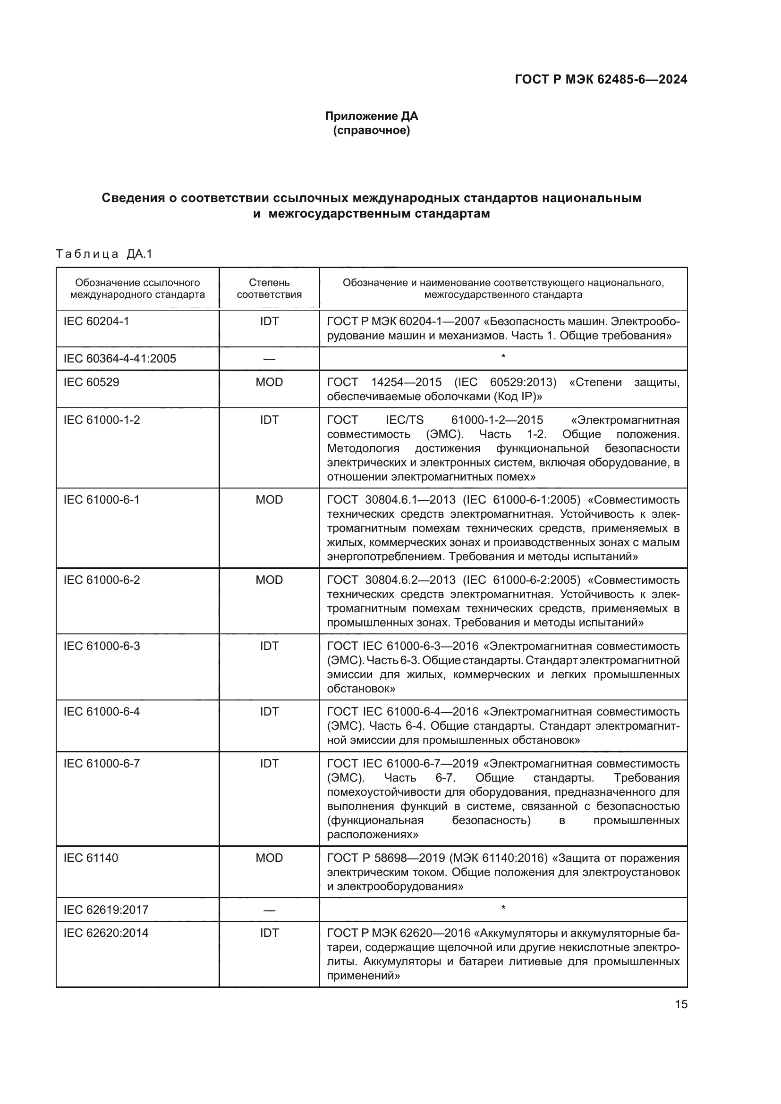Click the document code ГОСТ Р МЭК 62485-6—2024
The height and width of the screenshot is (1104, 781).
click(601, 79)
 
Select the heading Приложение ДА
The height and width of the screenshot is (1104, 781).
click(371, 116)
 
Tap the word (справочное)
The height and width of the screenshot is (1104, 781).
click(371, 130)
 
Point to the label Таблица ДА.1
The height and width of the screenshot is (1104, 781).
click(104, 253)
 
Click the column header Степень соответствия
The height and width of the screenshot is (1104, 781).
click(269, 288)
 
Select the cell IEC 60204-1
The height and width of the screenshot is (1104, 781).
click(96, 321)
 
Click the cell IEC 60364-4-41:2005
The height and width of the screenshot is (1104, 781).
click(120, 358)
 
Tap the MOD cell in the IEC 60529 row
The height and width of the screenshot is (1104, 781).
click(269, 382)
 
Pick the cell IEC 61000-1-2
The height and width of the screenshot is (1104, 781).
click(102, 420)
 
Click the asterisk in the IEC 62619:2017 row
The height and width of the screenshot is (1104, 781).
click(503, 908)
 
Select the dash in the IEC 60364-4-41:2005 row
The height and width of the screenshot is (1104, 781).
click(269, 359)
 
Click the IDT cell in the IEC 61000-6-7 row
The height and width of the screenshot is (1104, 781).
click(269, 764)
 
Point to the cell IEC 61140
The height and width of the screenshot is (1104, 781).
click(90, 858)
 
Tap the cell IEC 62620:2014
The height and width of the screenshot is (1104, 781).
click(106, 933)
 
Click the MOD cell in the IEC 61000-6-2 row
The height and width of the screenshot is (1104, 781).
click(269, 580)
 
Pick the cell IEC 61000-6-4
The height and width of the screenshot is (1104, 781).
click(102, 711)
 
